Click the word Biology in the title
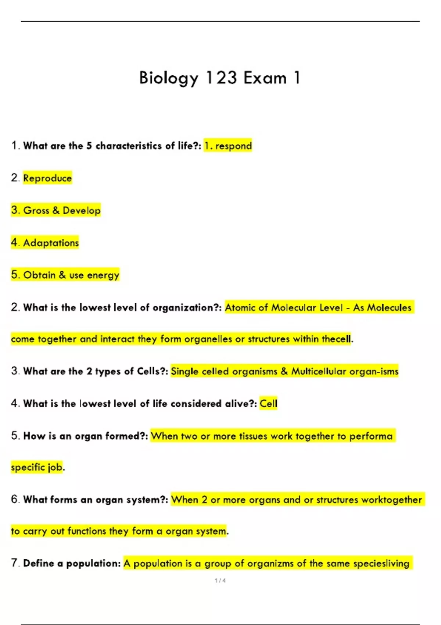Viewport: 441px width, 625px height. [169, 78]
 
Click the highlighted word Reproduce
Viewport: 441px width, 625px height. [47, 178]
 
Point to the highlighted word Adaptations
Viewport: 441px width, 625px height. [51, 243]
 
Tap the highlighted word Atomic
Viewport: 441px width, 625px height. [240, 307]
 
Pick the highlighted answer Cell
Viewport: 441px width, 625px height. [268, 404]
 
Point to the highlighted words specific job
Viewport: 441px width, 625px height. [37, 467]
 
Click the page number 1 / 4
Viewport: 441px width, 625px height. [220, 581]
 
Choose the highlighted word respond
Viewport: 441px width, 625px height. [233, 146]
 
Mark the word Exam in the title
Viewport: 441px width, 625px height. [265, 78]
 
